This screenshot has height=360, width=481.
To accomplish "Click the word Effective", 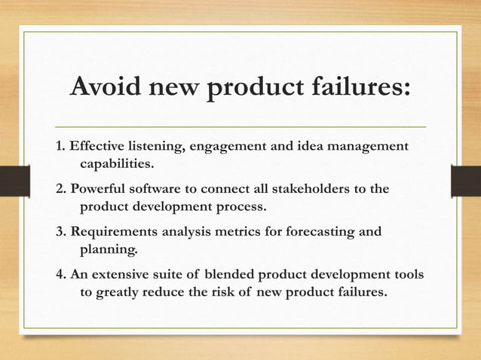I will point(97,145).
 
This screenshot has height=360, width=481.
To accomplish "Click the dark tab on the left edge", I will point(9,180).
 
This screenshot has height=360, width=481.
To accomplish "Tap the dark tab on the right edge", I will point(471,180).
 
